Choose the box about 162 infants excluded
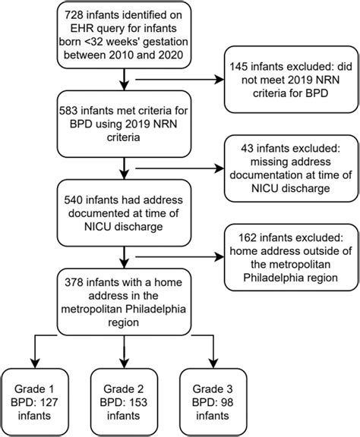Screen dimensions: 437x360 (285, 259)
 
